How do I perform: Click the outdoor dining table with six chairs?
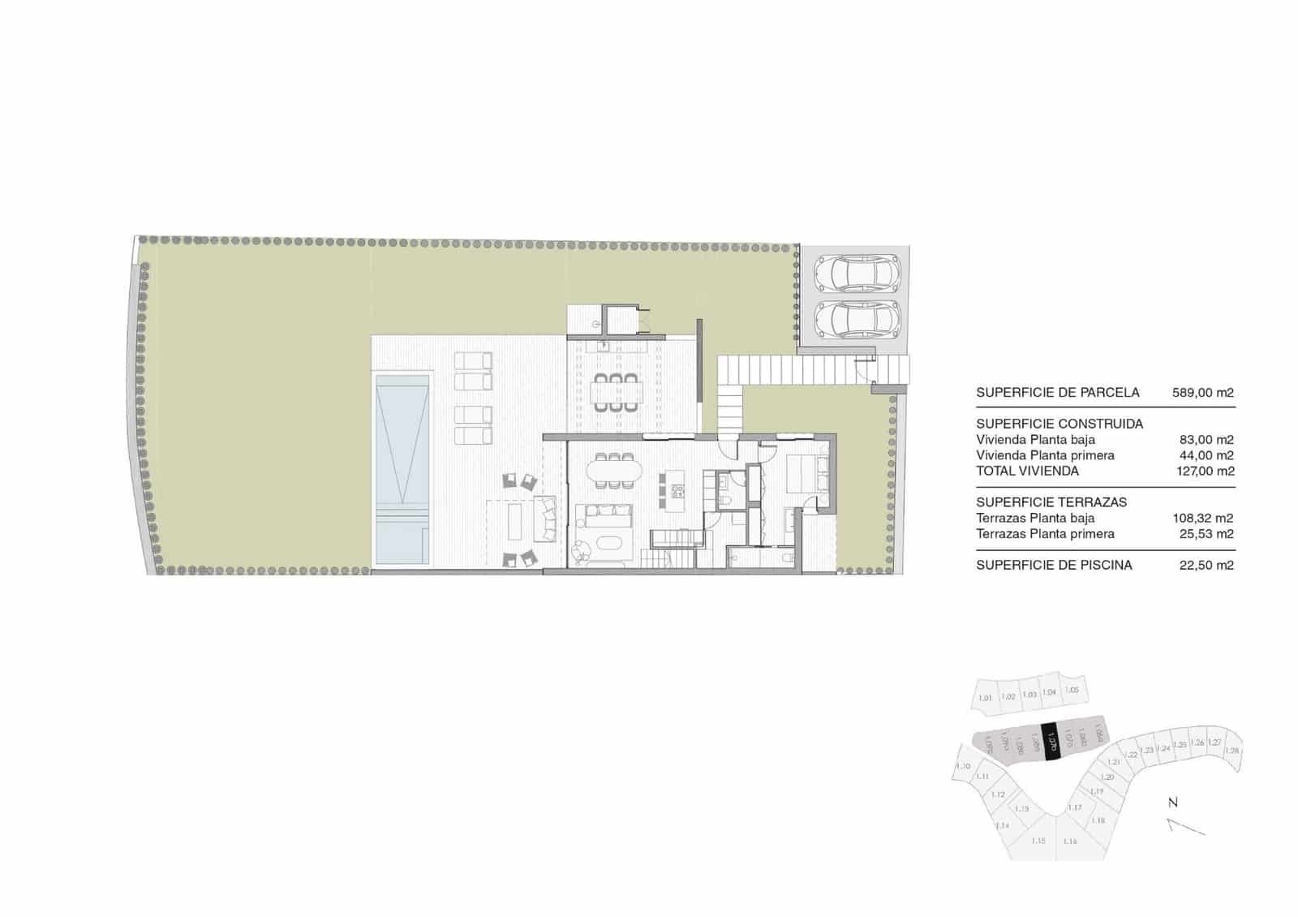click(614, 391)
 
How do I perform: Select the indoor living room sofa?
click(603, 512)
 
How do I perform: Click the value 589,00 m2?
click(1202, 393)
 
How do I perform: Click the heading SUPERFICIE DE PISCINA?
click(1054, 565)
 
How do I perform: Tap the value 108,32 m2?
click(1202, 518)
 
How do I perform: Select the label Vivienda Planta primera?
click(1045, 455)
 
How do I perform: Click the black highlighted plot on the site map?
click(1051, 741)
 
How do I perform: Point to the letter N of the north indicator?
click(1172, 803)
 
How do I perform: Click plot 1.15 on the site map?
click(1038, 841)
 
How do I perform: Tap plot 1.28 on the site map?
click(1232, 751)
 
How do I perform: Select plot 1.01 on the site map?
click(986, 698)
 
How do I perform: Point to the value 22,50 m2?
click(1206, 565)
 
